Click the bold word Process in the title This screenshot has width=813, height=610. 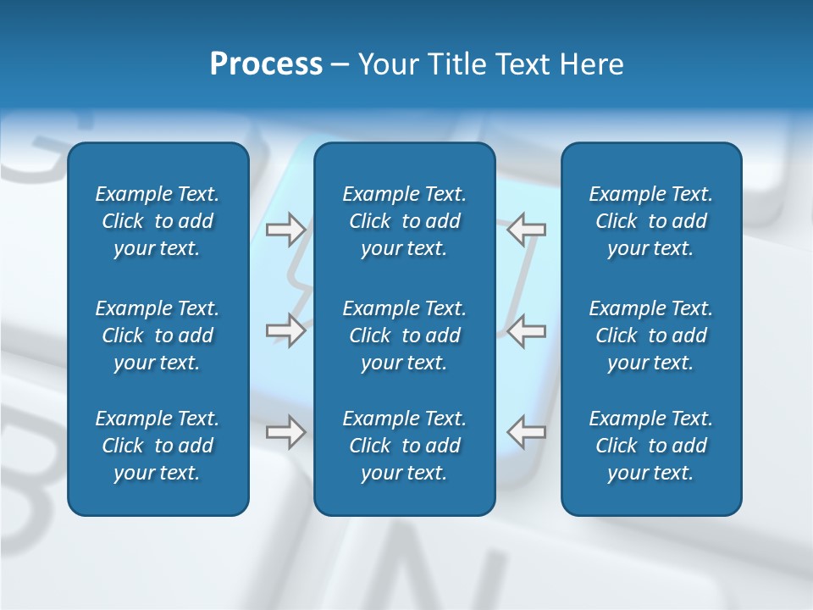266,64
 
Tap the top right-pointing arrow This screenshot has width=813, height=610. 285,229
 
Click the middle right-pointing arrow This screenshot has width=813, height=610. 285,330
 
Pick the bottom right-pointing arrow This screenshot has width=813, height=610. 285,432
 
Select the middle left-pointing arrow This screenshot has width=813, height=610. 527,330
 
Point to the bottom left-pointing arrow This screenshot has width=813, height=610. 527,432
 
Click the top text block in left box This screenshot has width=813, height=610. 158,221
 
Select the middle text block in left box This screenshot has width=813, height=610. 158,335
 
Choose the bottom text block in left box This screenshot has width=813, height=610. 158,446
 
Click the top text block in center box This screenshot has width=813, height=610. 404,221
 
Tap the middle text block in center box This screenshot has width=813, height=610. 404,335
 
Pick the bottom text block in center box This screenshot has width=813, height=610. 404,446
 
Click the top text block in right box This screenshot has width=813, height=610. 650,221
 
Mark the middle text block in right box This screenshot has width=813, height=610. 650,335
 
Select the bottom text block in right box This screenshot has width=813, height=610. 650,446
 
